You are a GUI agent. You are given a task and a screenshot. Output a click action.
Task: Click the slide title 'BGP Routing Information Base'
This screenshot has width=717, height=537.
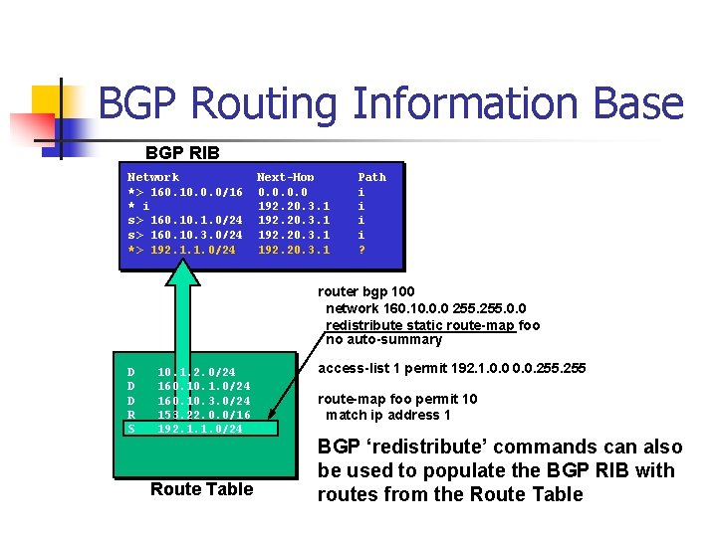click(391, 104)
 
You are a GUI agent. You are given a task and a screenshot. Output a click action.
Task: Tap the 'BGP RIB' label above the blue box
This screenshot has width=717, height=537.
click(182, 153)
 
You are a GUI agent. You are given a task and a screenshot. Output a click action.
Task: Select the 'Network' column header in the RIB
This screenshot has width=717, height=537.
click(153, 177)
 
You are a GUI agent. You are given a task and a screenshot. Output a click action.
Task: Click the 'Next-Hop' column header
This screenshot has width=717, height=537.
click(286, 177)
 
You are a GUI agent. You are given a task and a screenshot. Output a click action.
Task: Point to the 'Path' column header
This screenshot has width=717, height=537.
click(371, 177)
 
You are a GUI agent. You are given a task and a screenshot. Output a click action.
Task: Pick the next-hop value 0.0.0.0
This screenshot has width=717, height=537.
click(283, 191)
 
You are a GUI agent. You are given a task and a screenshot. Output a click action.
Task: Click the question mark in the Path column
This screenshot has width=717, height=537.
click(361, 249)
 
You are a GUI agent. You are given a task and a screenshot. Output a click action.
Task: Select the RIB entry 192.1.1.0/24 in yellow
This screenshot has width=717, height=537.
click(193, 249)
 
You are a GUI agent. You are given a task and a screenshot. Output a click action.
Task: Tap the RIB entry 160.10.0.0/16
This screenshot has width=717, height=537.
click(196, 191)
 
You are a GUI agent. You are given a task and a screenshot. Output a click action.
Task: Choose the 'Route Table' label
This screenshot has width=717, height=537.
click(201, 489)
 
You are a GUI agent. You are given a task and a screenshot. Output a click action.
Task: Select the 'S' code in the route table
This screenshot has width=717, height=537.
click(130, 429)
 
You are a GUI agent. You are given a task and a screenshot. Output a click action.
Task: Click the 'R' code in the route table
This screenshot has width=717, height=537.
click(130, 414)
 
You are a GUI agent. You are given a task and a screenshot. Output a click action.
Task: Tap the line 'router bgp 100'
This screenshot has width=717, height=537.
click(367, 291)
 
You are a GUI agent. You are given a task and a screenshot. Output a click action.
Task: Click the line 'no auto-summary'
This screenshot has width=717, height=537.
click(384, 339)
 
